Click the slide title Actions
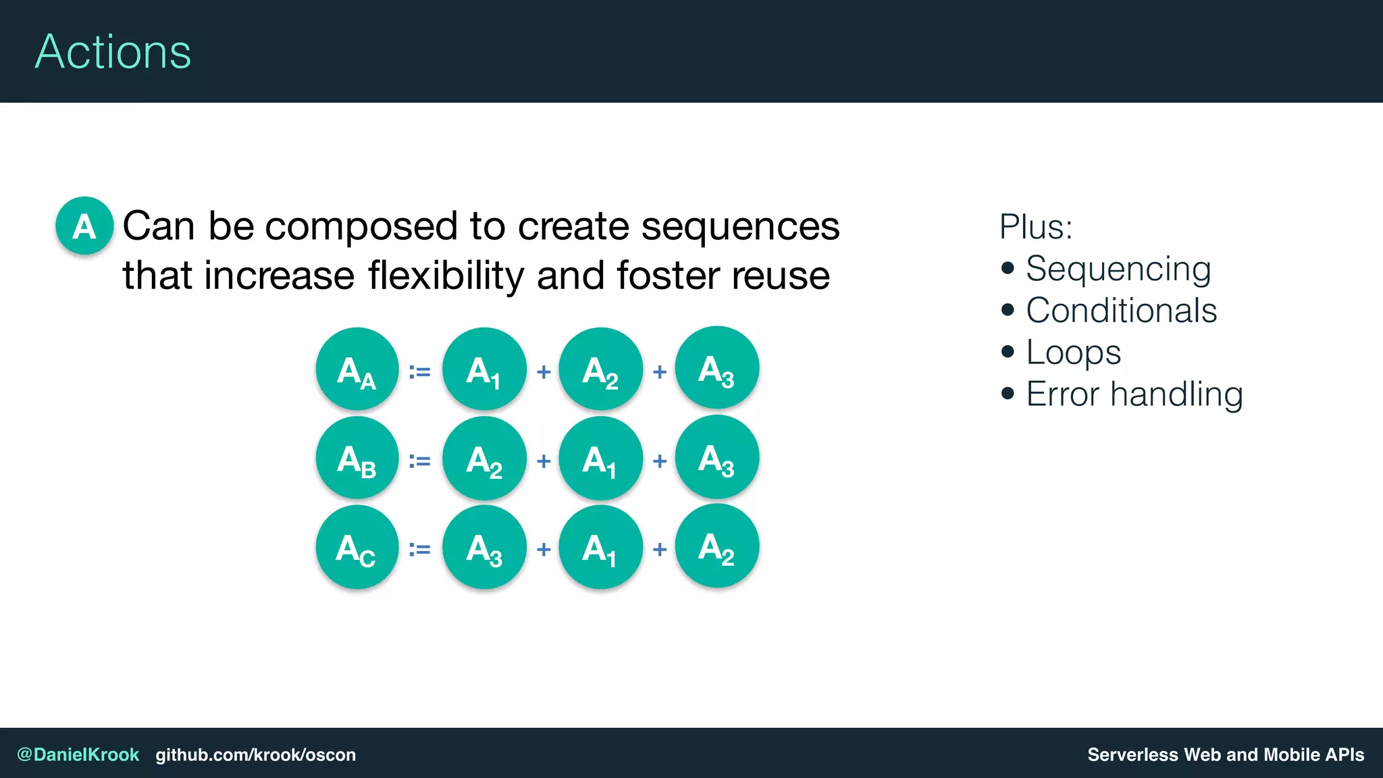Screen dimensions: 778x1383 113,52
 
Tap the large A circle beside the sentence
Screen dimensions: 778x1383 84,226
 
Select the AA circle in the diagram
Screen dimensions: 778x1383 357,369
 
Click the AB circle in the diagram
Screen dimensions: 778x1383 357,459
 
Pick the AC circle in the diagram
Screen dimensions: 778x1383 357,547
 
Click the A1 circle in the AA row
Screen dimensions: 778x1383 484,369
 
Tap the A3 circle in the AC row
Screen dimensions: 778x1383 484,547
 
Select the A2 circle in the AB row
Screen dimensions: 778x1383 484,459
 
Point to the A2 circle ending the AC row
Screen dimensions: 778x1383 717,546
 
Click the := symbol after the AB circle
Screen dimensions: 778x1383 419,461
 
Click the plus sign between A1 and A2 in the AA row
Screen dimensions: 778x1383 544,371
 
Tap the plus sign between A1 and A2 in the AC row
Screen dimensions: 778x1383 660,549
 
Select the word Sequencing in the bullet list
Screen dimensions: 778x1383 1118,269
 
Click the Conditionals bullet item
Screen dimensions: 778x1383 1121,311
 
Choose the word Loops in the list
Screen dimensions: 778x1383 1073,353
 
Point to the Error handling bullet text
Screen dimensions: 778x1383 1134,394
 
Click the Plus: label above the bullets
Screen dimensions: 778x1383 1035,227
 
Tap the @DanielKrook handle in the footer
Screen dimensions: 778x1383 78,754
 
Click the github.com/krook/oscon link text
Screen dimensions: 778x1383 255,754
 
